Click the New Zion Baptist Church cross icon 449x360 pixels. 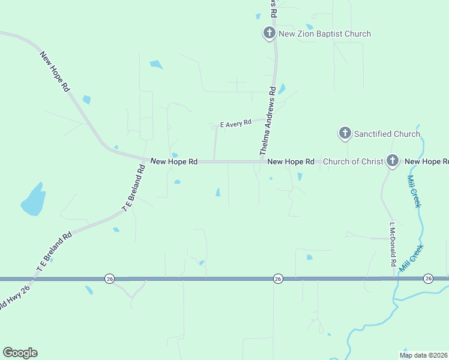pos(270,33)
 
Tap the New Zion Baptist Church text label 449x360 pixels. pos(325,34)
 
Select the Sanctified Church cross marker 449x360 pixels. pos(345,133)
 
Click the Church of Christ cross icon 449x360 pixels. pos(392,160)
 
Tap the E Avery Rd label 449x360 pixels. pos(235,124)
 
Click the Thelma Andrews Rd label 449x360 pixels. pos(268,121)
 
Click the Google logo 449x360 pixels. pos(20,353)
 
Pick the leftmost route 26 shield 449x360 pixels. pos(109,278)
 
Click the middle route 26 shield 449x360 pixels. pos(277,278)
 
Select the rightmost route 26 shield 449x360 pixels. pos(428,278)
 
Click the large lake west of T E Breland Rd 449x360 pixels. pos(34,199)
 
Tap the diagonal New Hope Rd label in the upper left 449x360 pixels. pos(55,71)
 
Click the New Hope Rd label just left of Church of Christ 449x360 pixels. pos(291,161)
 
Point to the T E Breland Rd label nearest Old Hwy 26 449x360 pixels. pos(54,253)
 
